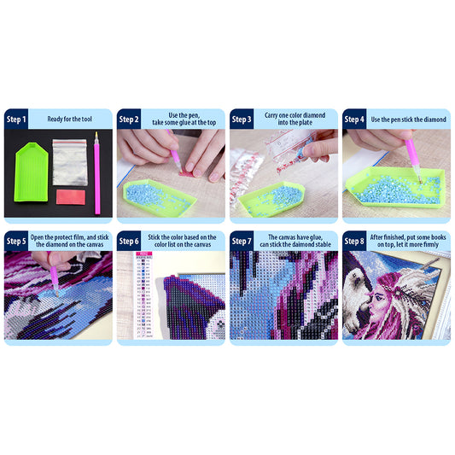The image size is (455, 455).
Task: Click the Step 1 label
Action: pyautogui.click(x=17, y=120)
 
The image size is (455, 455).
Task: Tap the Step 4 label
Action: pyautogui.click(x=356, y=120)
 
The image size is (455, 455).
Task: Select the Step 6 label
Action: pyautogui.click(x=130, y=241)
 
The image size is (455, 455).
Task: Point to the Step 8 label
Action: pyautogui.click(x=356, y=241)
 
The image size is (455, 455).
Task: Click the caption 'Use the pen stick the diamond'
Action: pyautogui.click(x=406, y=120)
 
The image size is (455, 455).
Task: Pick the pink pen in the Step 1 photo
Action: pyautogui.click(x=97, y=175)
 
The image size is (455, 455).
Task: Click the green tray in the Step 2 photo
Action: pyautogui.click(x=158, y=197)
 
